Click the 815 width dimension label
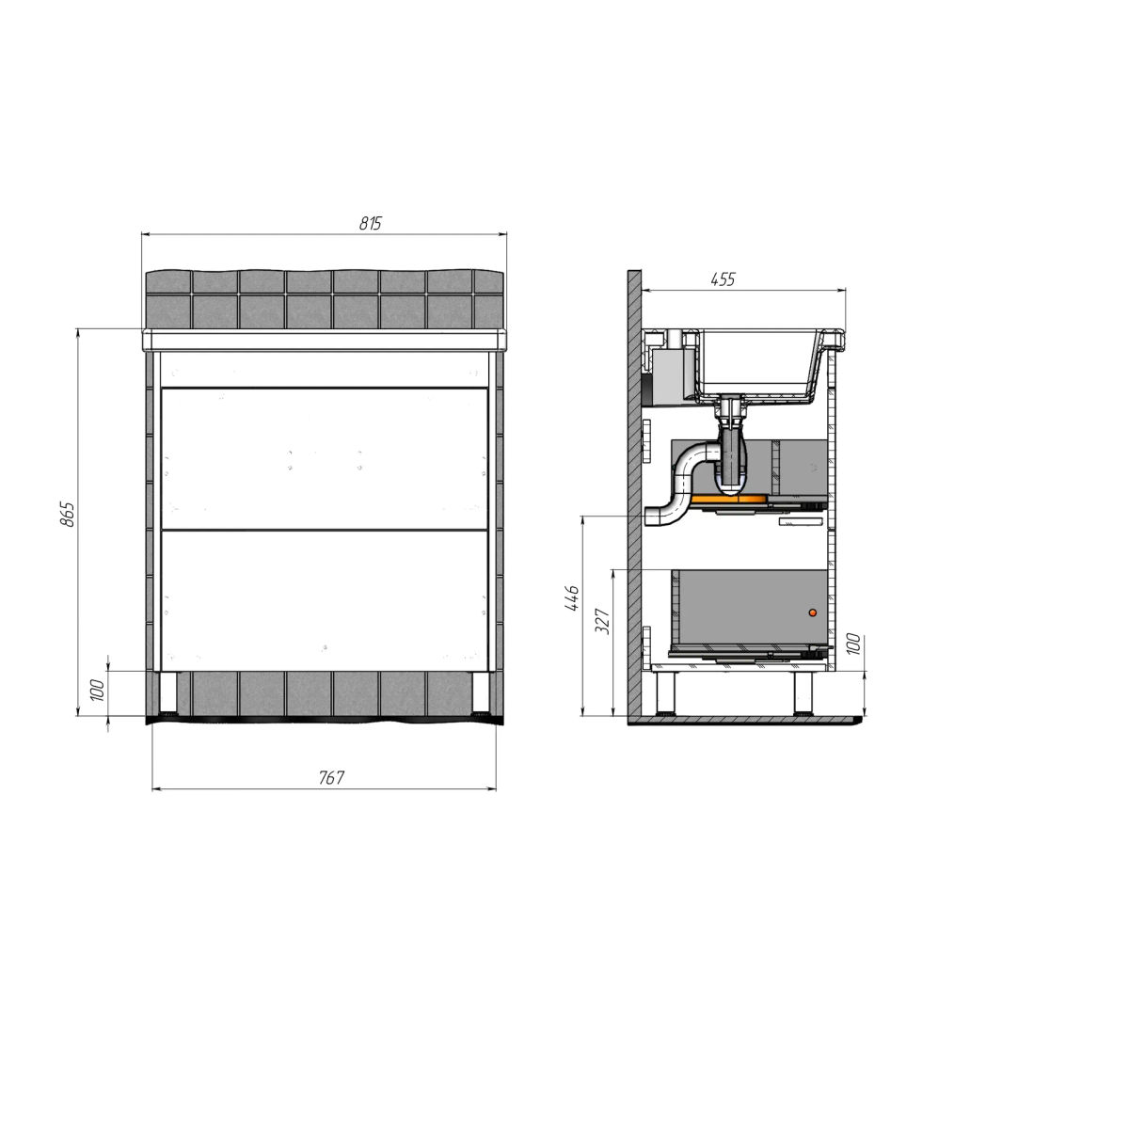pyautogui.click(x=371, y=223)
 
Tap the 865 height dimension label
pyautogui.click(x=69, y=514)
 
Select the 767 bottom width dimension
pyautogui.click(x=331, y=777)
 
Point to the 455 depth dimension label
pyautogui.click(x=723, y=279)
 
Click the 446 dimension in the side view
pyautogui.click(x=572, y=597)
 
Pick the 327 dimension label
pyautogui.click(x=603, y=621)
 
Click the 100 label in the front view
pyautogui.click(x=98, y=691)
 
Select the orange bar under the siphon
pyautogui.click(x=728, y=499)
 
